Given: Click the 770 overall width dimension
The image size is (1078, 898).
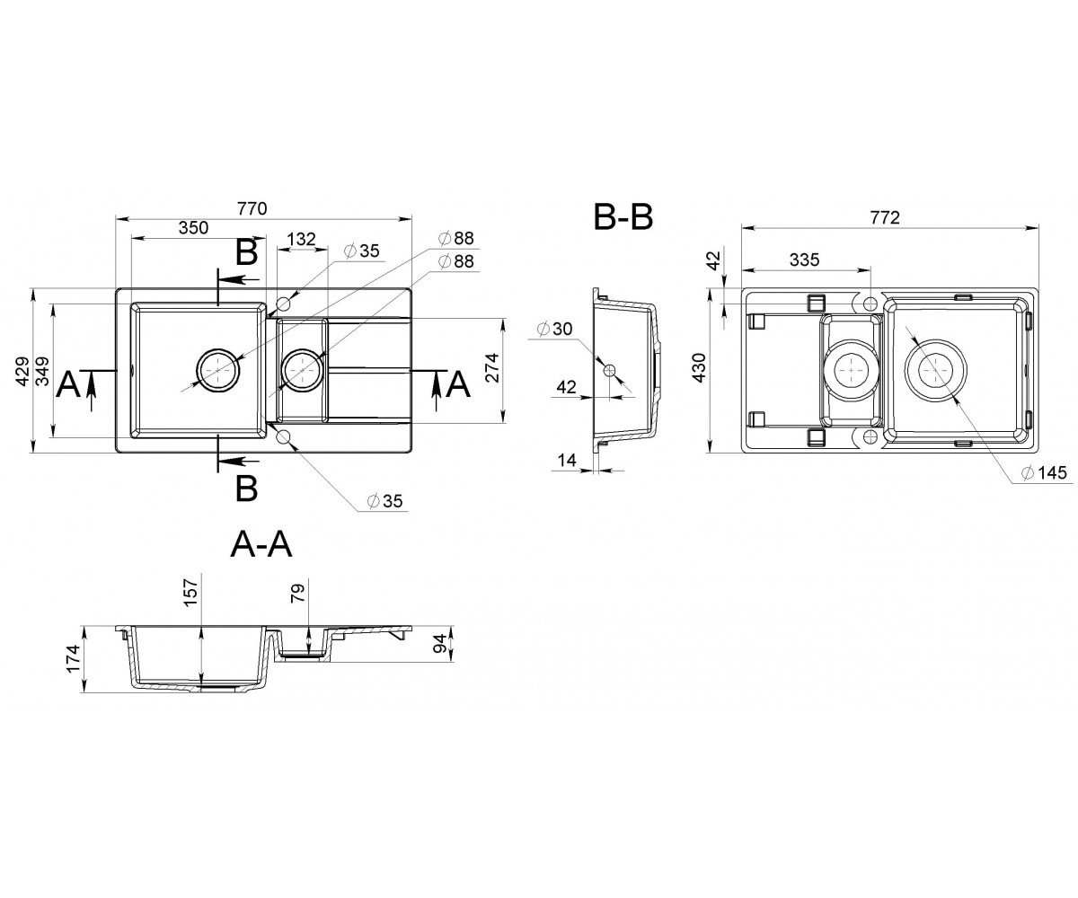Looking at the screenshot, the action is click(252, 208).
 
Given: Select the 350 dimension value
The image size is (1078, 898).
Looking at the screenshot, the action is click(194, 227).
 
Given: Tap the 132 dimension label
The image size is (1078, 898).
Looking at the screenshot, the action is click(301, 239).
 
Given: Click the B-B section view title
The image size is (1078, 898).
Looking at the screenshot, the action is click(623, 217).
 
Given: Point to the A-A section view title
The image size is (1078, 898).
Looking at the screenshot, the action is click(261, 545).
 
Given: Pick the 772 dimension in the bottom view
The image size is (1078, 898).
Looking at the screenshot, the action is click(885, 217).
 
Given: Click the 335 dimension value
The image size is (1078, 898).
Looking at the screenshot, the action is click(804, 260).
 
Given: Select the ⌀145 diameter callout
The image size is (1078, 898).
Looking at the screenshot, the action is click(1044, 472).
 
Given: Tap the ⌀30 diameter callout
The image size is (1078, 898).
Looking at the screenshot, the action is click(554, 329).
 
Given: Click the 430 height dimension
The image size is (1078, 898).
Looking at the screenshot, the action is click(699, 367).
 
